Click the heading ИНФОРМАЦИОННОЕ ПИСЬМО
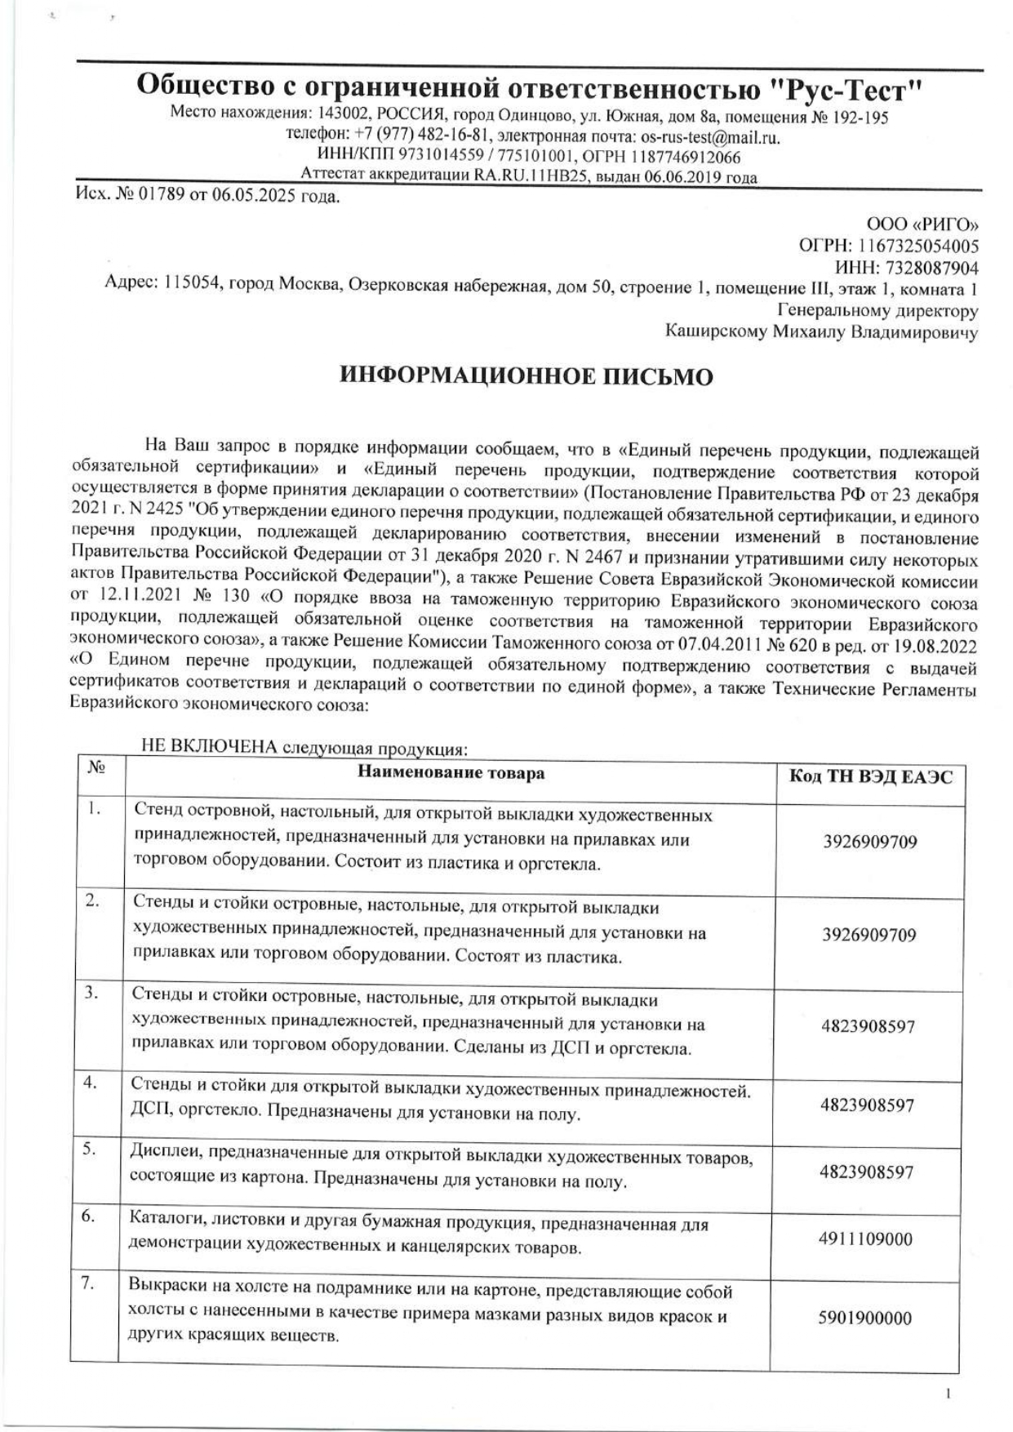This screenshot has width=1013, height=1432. tap(526, 376)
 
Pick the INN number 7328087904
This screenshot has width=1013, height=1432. tap(928, 268)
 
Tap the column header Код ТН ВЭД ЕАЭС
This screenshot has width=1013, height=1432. tap(870, 776)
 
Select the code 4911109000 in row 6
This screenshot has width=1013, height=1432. tap(865, 1239)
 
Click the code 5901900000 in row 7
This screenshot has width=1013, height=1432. tap(865, 1318)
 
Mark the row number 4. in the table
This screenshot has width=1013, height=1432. tap(91, 1083)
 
